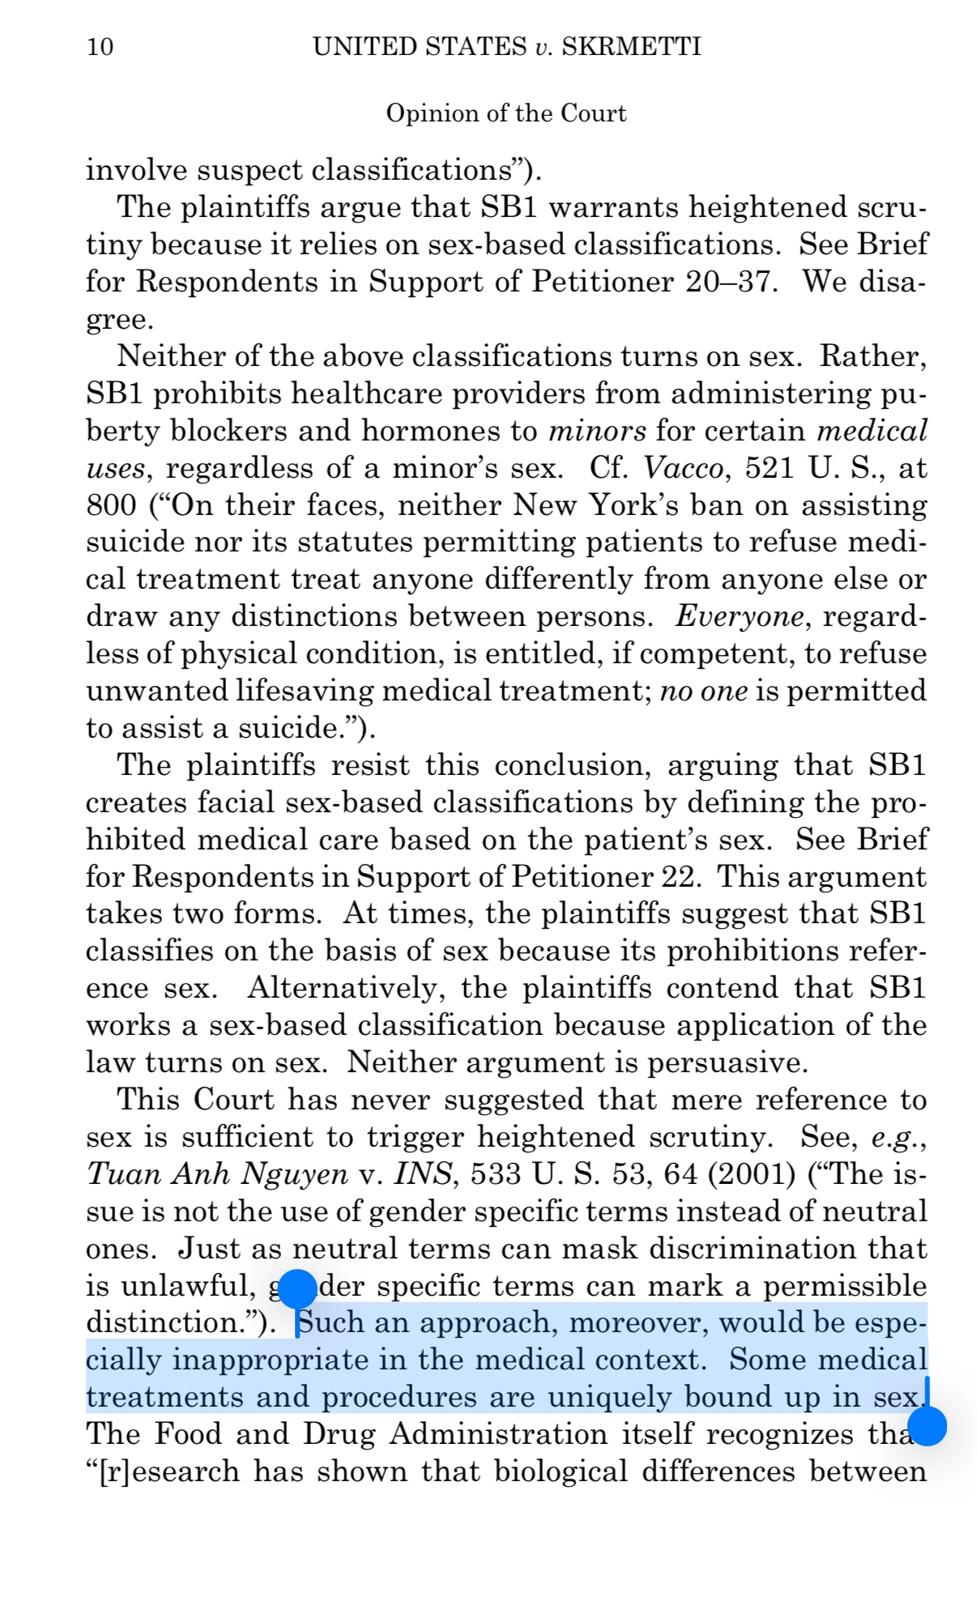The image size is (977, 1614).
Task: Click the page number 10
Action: point(100,46)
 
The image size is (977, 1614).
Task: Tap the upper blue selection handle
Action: point(297,1288)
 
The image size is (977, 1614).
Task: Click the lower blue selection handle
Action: point(927,1424)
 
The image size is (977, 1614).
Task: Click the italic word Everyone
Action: point(740,617)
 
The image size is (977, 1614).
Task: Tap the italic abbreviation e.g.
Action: point(898,1137)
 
